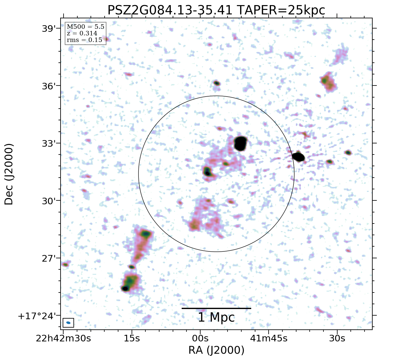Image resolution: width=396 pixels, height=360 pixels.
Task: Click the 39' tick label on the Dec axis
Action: coord(49,29)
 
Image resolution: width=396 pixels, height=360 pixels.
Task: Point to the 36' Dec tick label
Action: coord(49,86)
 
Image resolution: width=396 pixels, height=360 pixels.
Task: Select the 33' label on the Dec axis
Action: coord(49,143)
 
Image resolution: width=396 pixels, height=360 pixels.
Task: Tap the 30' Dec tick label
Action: coord(49,201)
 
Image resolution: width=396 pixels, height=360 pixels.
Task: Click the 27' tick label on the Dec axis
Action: coord(49,258)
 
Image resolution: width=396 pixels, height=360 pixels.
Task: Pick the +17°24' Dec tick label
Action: coord(37,316)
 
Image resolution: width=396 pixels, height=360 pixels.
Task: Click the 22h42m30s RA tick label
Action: coord(63,338)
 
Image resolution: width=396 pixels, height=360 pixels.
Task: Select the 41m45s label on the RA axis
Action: coord(269,338)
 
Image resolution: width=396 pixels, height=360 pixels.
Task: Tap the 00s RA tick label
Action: coord(200,338)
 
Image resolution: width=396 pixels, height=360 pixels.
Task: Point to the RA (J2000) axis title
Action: coord(216,350)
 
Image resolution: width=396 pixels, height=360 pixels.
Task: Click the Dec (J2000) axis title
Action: coord(9,174)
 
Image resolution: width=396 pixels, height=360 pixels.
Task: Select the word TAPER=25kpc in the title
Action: coord(281,10)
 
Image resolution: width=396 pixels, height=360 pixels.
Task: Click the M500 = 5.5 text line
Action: coord(85,27)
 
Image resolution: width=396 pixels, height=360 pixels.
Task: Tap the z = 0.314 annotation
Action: coord(82,33)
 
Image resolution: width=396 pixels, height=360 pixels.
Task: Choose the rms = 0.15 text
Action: coord(85,40)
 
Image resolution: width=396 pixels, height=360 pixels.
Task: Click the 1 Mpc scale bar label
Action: coord(216,317)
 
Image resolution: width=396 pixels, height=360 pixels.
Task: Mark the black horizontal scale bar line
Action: coord(216,308)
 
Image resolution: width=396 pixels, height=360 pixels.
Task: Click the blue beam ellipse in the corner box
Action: coord(68,323)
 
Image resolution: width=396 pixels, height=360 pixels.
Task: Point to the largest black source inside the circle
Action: coord(240,143)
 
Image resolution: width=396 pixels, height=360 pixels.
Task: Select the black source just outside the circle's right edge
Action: coord(299,157)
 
